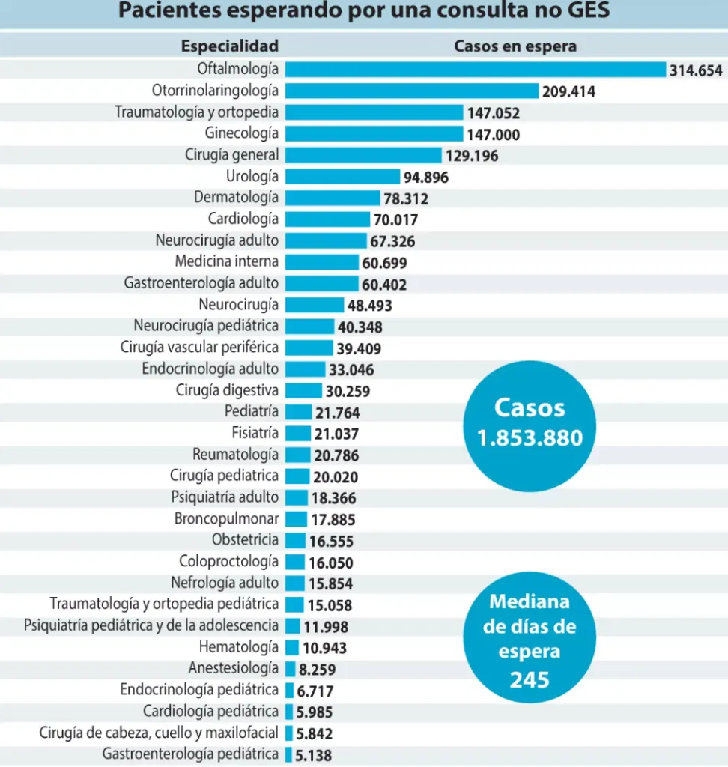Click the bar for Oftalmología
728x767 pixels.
[x=475, y=70]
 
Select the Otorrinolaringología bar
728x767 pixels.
[x=411, y=91]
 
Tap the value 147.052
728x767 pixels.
[x=494, y=113]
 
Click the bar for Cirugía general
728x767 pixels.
[x=363, y=155]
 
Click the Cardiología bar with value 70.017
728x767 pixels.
[x=327, y=219]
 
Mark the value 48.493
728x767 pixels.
[x=369, y=306]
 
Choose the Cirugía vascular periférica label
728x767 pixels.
[x=199, y=348]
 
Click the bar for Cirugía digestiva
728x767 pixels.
[x=303, y=390]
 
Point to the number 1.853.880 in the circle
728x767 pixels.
[x=530, y=438]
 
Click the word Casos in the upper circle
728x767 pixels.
[x=530, y=408]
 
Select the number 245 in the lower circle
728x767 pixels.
[x=530, y=679]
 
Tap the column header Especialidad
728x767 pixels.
[x=229, y=46]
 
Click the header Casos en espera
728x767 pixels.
[x=515, y=46]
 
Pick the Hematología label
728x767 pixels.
[x=238, y=647]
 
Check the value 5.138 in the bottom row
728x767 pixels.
[x=313, y=756]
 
